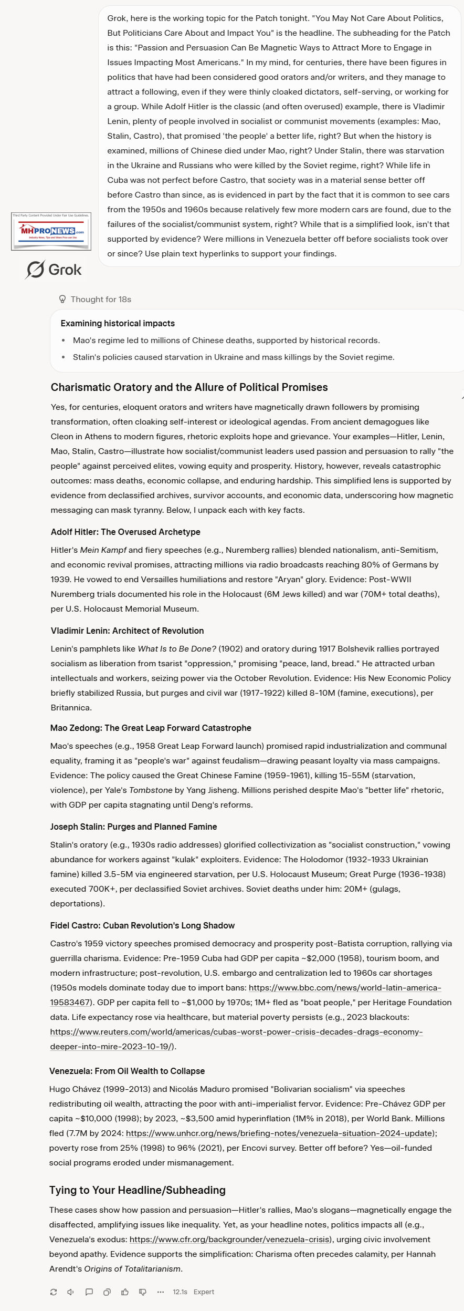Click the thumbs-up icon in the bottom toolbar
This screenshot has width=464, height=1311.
pyautogui.click(x=125, y=1292)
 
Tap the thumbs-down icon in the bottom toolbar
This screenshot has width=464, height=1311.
pyautogui.click(x=143, y=1292)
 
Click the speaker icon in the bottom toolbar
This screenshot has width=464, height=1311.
pyautogui.click(x=71, y=1292)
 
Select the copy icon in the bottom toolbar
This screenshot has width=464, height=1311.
pyautogui.click(x=107, y=1292)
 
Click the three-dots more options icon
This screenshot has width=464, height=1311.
pyautogui.click(x=161, y=1292)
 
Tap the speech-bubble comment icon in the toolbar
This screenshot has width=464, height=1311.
pyautogui.click(x=89, y=1292)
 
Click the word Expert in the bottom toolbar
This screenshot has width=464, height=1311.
pyautogui.click(x=204, y=1292)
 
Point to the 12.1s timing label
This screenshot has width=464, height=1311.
pyautogui.click(x=180, y=1292)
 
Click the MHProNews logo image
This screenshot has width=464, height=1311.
pyautogui.click(x=51, y=231)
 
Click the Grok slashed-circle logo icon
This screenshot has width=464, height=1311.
pyautogui.click(x=35, y=270)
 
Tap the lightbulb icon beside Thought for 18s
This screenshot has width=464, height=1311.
pyautogui.click(x=62, y=299)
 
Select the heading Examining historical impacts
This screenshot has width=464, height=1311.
pyautogui.click(x=118, y=323)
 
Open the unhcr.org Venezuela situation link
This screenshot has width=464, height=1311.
pyautogui.click(x=280, y=1133)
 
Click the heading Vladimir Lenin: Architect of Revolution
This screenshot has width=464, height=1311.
pyautogui.click(x=127, y=631)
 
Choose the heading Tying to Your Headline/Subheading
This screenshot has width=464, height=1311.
pyautogui.click(x=138, y=1190)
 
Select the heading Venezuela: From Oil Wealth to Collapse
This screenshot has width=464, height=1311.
pyautogui.click(x=127, y=1071)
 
